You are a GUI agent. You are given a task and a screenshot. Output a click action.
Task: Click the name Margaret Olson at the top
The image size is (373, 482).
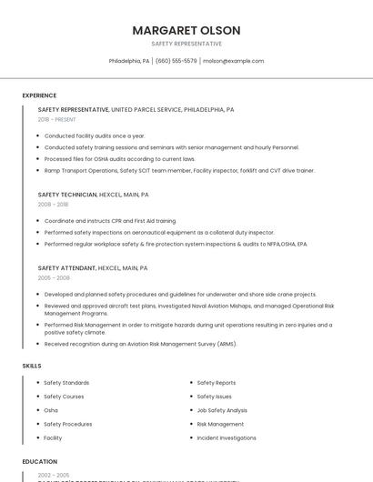pyautogui.click(x=186, y=30)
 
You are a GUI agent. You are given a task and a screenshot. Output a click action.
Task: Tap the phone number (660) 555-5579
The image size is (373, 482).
pyautogui.click(x=176, y=61)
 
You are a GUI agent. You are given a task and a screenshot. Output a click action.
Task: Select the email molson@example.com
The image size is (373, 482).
pyautogui.click(x=233, y=61)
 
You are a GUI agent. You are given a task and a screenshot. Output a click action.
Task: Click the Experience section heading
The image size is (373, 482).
pyautogui.click(x=39, y=95)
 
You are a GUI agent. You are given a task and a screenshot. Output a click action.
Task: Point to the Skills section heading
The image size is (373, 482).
pyautogui.click(x=32, y=366)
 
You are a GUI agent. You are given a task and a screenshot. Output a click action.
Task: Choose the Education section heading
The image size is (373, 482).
pyautogui.click(x=40, y=462)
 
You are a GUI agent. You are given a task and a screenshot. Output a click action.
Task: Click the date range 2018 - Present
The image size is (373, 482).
pyautogui.click(x=57, y=119)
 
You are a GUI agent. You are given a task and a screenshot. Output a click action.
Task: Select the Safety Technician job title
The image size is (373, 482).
pyautogui.click(x=68, y=195)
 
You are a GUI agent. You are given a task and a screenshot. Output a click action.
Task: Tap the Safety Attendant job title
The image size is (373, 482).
pyautogui.click(x=67, y=268)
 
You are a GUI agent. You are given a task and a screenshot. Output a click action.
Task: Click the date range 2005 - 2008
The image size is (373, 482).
pyautogui.click(x=54, y=278)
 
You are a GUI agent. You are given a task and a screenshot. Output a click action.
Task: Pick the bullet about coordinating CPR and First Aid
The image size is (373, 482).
pyautogui.click(x=110, y=221)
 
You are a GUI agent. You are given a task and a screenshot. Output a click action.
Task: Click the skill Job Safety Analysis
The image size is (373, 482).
pyautogui.click(x=222, y=410)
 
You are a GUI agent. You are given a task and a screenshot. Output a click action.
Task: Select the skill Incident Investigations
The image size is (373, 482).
pyautogui.click(x=227, y=437)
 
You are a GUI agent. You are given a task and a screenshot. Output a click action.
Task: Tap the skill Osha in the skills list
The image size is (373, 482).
pyautogui.click(x=51, y=410)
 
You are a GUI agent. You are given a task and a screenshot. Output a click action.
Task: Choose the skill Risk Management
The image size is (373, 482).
pyautogui.click(x=220, y=424)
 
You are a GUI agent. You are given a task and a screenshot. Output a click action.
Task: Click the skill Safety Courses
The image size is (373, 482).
pyautogui.click(x=64, y=397)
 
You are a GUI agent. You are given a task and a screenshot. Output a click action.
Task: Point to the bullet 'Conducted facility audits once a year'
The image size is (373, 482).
pyautogui.click(x=95, y=136)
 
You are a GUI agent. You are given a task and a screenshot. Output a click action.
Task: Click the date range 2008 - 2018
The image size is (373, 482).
pyautogui.click(x=53, y=205)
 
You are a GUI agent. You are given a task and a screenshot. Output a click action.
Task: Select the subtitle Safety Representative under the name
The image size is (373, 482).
pyautogui.click(x=186, y=44)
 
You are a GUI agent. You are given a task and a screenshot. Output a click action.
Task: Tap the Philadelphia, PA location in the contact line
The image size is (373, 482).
pyautogui.click(x=129, y=61)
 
